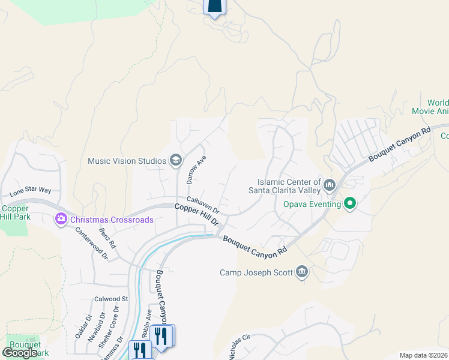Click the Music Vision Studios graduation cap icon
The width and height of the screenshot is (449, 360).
[x=176, y=160]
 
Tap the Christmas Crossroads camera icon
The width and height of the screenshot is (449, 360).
[x=61, y=219]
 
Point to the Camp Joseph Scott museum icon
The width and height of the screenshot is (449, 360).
[x=302, y=273]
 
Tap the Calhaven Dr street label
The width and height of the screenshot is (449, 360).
[x=203, y=205]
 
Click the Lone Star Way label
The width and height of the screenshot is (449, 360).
[x=30, y=192]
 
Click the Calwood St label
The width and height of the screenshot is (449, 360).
[x=111, y=299]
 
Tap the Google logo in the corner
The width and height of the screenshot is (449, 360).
[x=20, y=353]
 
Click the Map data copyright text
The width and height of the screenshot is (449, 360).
[x=423, y=355]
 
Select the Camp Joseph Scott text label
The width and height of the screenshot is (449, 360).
[x=256, y=273]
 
